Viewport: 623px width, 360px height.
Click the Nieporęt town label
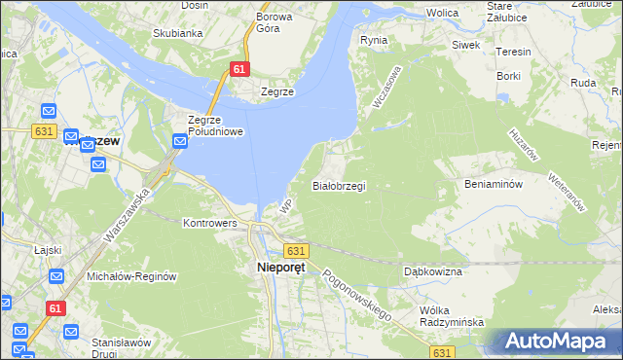280,268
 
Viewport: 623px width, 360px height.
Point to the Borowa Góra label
275,23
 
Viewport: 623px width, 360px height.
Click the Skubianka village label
177,33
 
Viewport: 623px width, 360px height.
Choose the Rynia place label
374,40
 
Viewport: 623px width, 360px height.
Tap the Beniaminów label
495,184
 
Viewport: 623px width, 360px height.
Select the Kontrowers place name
210,223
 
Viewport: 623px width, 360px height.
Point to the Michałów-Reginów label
131,276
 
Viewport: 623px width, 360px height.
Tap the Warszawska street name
126,216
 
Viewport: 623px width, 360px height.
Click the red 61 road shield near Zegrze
239,69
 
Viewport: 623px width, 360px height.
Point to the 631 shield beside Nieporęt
298,250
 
